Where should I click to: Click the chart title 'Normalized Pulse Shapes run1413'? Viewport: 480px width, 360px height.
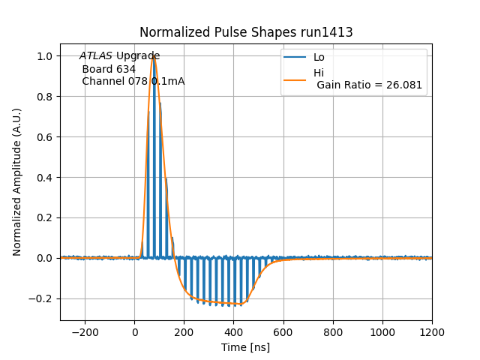click(x=246, y=32)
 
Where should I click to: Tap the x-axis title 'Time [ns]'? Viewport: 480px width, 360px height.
click(x=246, y=347)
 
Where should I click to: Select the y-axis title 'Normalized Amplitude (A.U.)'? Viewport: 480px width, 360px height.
click(x=17, y=181)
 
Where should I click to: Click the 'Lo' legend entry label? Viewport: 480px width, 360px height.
click(x=319, y=57)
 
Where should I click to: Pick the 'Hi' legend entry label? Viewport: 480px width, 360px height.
click(x=319, y=73)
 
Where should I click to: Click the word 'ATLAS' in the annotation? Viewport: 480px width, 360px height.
click(x=96, y=56)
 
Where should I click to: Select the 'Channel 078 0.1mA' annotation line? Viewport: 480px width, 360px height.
click(x=133, y=81)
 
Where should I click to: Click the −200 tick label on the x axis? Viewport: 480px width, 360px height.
click(x=85, y=330)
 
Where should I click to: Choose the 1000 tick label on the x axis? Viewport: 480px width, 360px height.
click(x=382, y=330)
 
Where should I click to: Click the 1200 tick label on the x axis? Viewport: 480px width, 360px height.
click(x=432, y=330)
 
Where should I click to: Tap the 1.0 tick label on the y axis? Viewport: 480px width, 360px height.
click(x=45, y=56)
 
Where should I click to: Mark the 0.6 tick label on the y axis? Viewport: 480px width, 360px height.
click(x=45, y=137)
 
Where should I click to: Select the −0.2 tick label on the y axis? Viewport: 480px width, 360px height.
click(x=42, y=298)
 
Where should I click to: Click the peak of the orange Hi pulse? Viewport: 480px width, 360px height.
click(x=154, y=56)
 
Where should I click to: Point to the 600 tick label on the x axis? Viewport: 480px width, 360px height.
click(x=283, y=330)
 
